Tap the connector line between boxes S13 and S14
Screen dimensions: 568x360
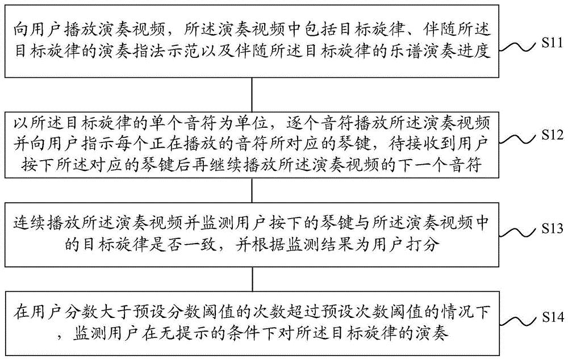252,275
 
